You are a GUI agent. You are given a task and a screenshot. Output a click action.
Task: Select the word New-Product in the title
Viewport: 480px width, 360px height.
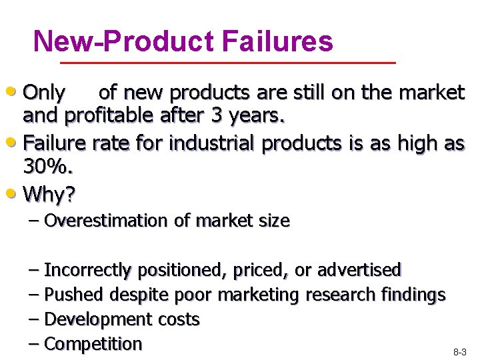(125, 41)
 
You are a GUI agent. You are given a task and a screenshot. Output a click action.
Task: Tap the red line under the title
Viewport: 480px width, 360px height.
(228, 63)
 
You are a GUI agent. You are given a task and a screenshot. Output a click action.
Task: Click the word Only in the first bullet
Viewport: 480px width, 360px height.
(44, 91)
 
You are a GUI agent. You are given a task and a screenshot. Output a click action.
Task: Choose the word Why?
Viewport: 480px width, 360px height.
(49, 195)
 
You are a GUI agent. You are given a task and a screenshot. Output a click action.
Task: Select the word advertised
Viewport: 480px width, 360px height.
(359, 270)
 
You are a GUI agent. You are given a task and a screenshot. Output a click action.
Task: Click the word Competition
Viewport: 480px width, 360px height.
(93, 344)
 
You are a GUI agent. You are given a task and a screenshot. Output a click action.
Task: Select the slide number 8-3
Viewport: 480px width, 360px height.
(460, 351)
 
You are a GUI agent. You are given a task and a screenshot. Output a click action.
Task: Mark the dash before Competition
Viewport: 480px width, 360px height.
(35, 344)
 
